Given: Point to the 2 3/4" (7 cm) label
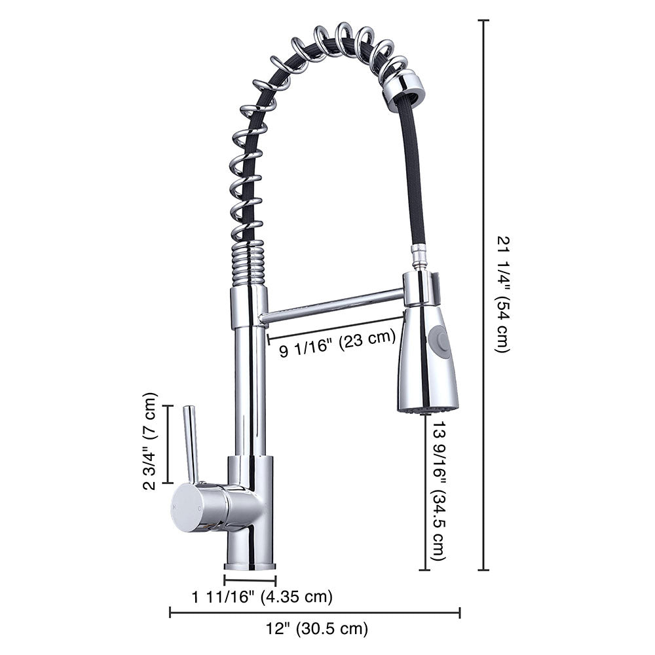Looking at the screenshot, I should (151, 441).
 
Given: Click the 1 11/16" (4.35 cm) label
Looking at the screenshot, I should (262, 597).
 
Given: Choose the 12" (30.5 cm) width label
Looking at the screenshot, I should (317, 629).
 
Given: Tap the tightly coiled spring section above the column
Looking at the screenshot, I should (249, 262).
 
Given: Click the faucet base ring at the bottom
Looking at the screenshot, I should (250, 565).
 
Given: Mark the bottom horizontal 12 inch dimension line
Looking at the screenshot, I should (314, 613).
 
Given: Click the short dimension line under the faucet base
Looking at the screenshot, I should (250, 580).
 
